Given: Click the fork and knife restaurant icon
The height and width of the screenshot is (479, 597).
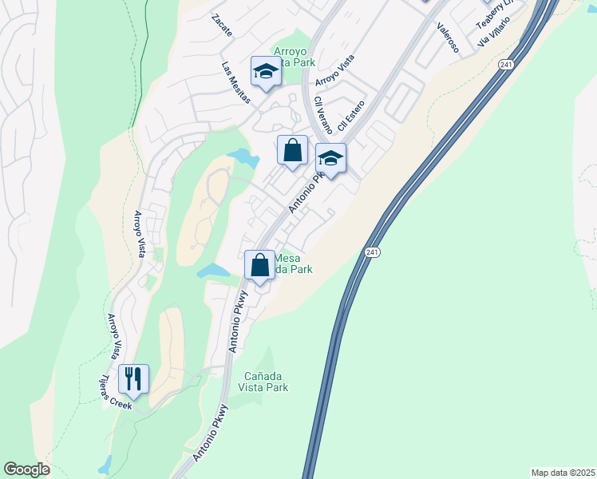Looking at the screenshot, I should (x=133, y=379).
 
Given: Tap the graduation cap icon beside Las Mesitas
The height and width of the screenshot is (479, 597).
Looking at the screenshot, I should (x=265, y=72).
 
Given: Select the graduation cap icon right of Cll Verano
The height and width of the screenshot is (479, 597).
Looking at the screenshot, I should (x=330, y=158).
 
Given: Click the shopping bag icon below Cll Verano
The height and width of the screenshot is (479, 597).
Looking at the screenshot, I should (x=293, y=150).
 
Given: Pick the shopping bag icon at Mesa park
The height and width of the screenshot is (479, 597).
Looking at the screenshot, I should (x=259, y=266).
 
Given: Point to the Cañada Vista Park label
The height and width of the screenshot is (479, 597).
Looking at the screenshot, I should (x=263, y=382).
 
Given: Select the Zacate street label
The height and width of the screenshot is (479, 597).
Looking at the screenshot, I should (x=223, y=26).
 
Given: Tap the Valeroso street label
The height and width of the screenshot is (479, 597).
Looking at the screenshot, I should (x=448, y=37).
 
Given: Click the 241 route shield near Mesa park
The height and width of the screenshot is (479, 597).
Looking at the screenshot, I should (x=373, y=252).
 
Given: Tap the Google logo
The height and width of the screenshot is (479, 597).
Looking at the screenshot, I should (x=26, y=469).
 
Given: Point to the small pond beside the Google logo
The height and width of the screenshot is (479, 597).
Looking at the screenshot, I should (x=105, y=464).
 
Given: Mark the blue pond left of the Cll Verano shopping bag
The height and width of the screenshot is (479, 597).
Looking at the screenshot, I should (x=243, y=157).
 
